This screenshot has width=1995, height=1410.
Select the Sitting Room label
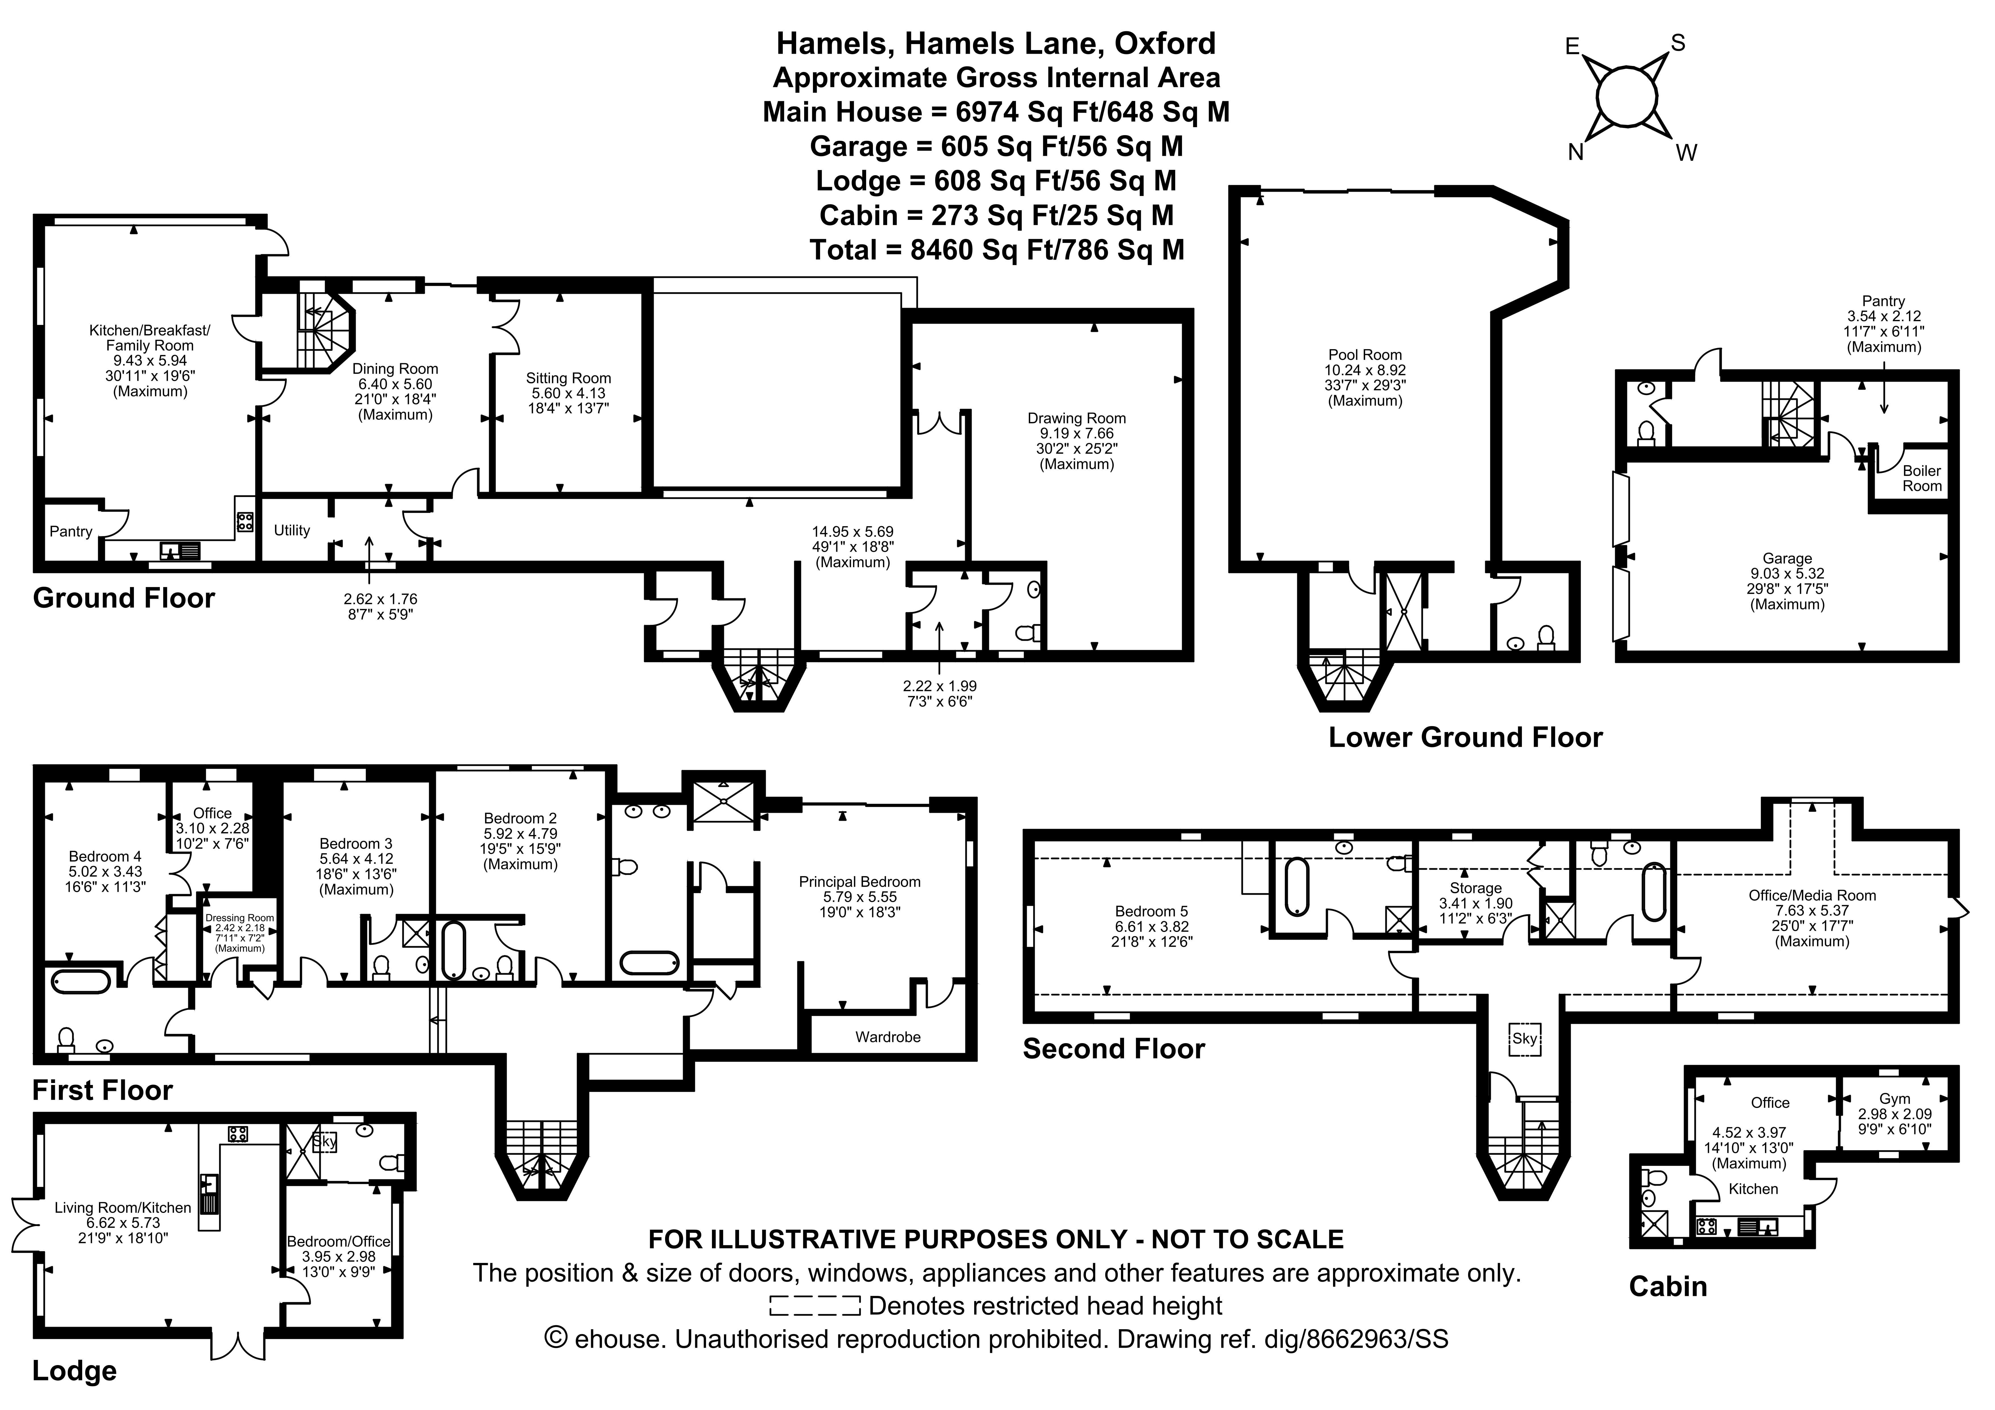pos(568,378)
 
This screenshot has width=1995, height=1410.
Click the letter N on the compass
pos(1575,153)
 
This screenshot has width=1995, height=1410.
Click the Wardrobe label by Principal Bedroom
pos(887,1036)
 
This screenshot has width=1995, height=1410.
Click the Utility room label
pos(292,530)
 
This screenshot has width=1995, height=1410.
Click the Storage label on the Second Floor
pos(1475,888)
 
